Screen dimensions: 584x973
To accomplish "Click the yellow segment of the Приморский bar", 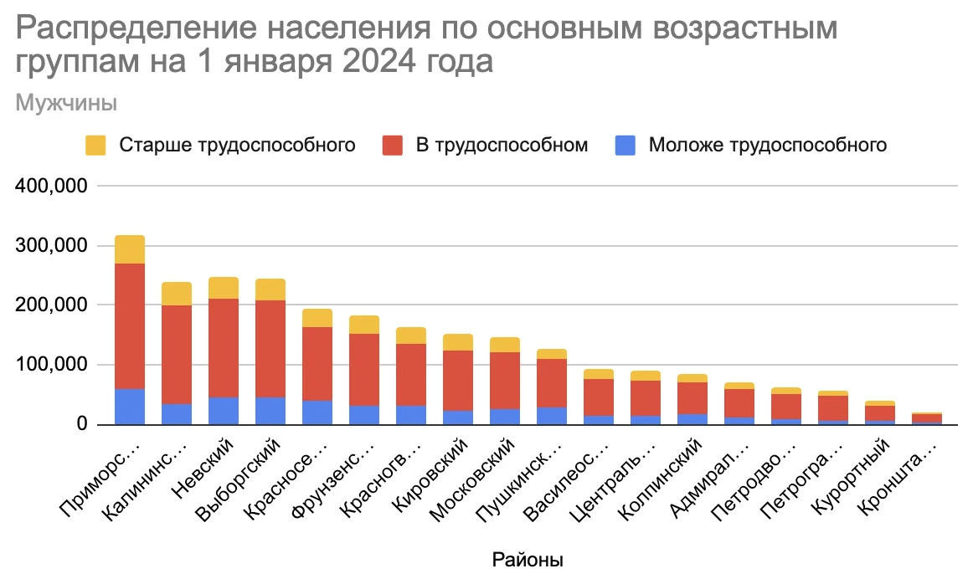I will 130,249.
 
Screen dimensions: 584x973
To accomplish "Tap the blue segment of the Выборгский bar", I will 270,410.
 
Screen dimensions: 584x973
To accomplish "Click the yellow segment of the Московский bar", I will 505,345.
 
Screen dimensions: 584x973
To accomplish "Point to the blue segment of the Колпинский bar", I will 692,418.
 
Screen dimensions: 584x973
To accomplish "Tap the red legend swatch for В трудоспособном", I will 394,145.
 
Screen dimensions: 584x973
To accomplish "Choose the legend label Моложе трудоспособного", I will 767,145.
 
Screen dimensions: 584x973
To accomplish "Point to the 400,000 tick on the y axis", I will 52,187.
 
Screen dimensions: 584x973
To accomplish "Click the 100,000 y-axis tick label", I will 52,366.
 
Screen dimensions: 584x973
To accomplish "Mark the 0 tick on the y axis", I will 82,425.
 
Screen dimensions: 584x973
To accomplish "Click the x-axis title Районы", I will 527,560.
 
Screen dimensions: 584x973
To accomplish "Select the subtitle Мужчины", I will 66,104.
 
